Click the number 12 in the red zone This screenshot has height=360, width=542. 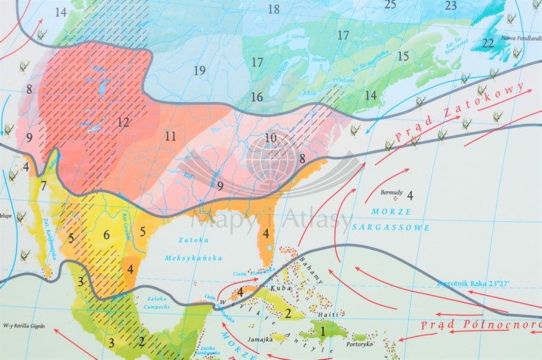tap(123, 122)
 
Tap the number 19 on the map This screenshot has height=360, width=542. tap(199, 70)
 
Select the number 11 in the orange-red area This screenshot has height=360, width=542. tap(170, 136)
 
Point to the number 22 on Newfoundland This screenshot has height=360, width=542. tap(489, 43)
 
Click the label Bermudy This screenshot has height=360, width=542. tap(391, 193)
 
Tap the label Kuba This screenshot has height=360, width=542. tap(280, 288)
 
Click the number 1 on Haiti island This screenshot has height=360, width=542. tap(322, 332)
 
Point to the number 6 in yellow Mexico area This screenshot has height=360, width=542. tap(106, 234)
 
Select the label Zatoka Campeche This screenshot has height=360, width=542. tap(158, 301)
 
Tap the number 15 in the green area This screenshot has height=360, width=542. tap(403, 56)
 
